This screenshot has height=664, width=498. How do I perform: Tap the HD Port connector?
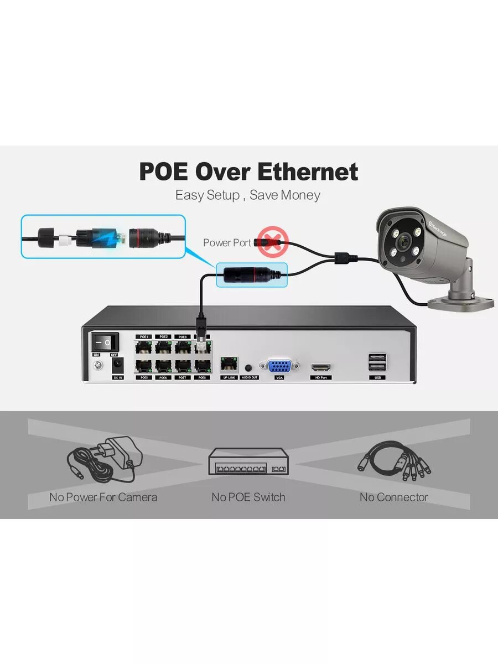click(x=321, y=367)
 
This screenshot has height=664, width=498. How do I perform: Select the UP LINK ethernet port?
click(x=229, y=364)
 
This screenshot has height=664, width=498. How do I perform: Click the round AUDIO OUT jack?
click(x=248, y=367)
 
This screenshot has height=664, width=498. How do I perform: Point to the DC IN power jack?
click(x=118, y=366)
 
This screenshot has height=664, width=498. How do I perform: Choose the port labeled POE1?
click(x=144, y=347)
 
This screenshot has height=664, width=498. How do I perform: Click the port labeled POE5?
click(x=144, y=366)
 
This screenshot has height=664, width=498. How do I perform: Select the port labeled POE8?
click(x=203, y=366)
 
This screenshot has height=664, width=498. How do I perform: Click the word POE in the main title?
click(x=164, y=172)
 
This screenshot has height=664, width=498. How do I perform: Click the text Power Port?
click(x=227, y=242)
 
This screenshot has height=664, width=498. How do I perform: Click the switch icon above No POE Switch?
click(x=248, y=461)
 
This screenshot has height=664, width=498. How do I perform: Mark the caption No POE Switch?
click(x=248, y=497)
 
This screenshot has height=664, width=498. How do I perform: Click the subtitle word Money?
click(x=300, y=195)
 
